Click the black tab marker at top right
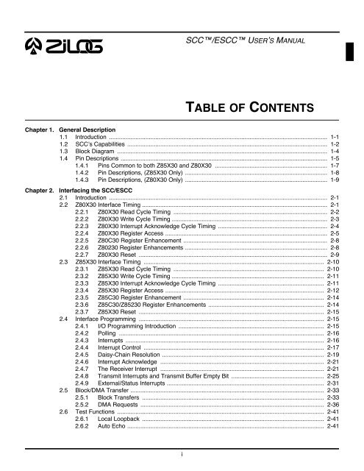358,49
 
